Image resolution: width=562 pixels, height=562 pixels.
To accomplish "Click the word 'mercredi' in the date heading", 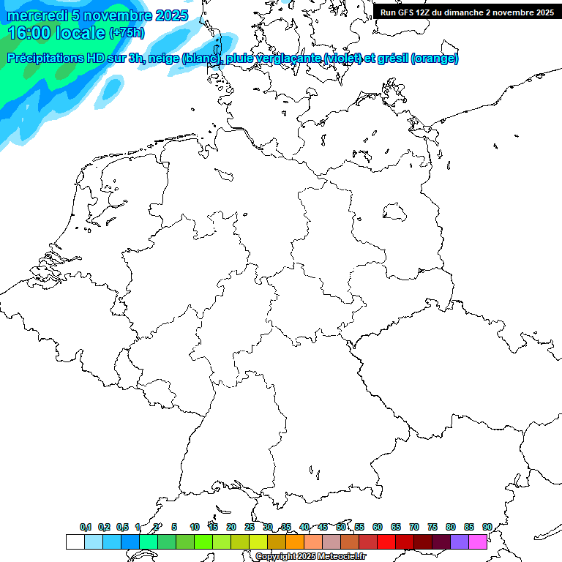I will pyautogui.click(x=37, y=15).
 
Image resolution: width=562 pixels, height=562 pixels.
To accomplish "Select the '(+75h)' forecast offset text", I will pyautogui.click(x=127, y=33).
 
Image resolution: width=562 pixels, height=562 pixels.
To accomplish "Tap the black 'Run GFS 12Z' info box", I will pyautogui.click(x=467, y=12).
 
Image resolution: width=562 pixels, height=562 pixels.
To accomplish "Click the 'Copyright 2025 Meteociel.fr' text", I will pyautogui.click(x=310, y=557).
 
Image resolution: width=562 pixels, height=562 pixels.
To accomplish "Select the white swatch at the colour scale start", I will pyautogui.click(x=75, y=542).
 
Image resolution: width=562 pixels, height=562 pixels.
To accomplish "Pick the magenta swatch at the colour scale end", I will pyautogui.click(x=478, y=542).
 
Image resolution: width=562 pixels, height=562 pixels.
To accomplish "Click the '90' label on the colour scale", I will pyautogui.click(x=487, y=527).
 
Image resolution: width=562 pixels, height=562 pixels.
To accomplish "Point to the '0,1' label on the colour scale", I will pyautogui.click(x=86, y=527).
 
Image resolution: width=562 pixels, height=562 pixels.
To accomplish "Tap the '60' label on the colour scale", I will pyautogui.click(x=378, y=527).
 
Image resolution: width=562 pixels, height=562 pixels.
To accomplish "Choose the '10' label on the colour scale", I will pyautogui.click(x=195, y=527).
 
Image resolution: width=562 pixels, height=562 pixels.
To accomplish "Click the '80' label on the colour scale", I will pyautogui.click(x=450, y=527).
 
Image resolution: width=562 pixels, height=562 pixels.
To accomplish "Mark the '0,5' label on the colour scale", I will pyautogui.click(x=122, y=527).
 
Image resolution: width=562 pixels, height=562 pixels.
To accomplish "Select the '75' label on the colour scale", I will pyautogui.click(x=432, y=527).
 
